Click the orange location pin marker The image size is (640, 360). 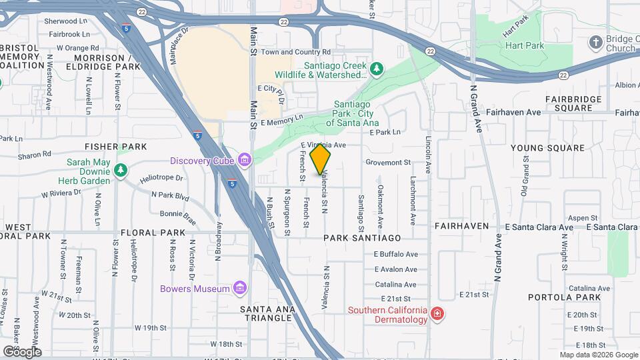coord(321,159)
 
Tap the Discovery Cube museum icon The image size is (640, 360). coord(245,161)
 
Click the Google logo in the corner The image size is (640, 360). coord(21,351)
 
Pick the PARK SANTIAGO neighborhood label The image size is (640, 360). coord(363,238)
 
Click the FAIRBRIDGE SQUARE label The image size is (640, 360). coord(573,103)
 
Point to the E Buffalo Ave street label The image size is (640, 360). coord(396,254)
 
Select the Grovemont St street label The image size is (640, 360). coord(388,162)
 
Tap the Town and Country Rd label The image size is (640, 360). coord(295,52)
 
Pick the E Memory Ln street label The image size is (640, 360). coord(281,119)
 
